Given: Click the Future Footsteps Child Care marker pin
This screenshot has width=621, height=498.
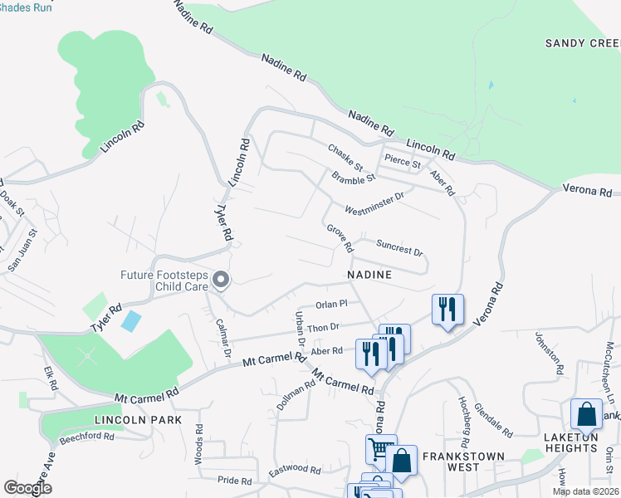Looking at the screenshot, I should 220,281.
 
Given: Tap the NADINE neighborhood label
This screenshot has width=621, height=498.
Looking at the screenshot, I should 369,273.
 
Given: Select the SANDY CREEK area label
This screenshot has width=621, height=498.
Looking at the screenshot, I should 582,42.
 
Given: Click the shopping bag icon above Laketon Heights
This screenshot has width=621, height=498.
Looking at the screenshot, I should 586,414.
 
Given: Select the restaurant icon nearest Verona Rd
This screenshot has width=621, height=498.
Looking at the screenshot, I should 447,310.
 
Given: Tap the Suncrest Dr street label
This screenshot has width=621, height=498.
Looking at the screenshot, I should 399,247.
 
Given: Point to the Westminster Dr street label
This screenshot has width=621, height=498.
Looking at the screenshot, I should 374,203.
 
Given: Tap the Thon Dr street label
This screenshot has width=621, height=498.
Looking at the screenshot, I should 324,328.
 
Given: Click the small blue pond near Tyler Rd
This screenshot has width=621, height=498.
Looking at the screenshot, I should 130,320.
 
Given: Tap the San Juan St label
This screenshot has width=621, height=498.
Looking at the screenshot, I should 22,253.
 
